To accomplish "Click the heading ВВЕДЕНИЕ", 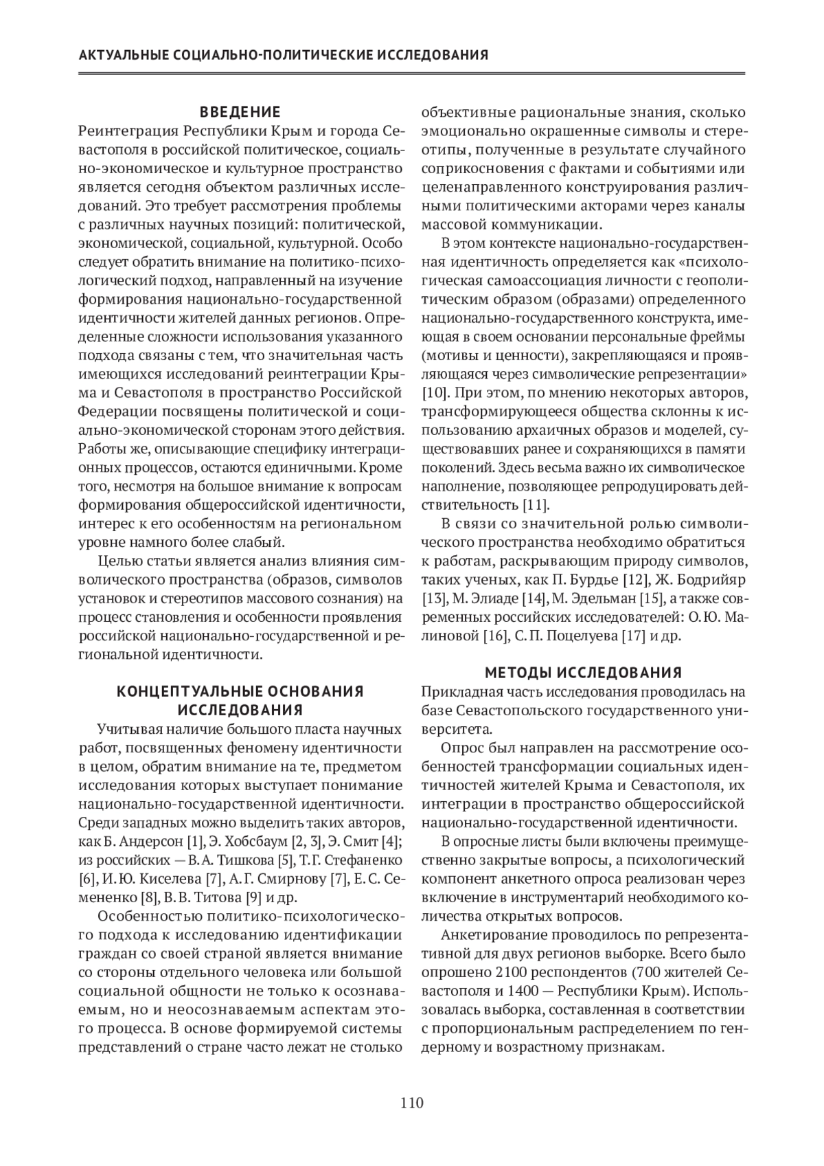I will (240, 112).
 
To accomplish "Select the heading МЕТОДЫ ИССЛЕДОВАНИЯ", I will (584, 671).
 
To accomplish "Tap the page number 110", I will (412, 1103).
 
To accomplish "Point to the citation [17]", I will (633, 636).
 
